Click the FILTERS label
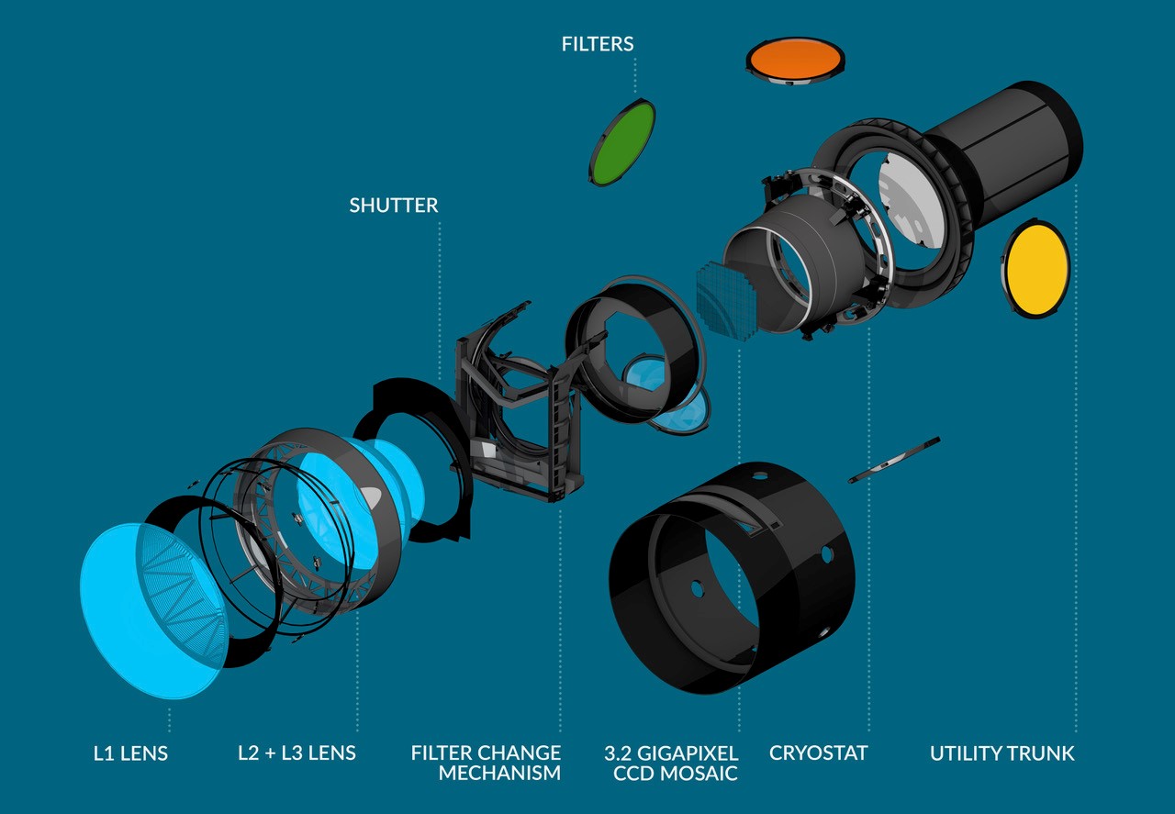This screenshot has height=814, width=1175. pyautogui.click(x=598, y=43)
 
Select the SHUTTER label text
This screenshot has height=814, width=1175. pyautogui.click(x=393, y=205)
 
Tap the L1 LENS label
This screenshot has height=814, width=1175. pyautogui.click(x=131, y=753)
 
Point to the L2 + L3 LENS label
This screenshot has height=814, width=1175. pyautogui.click(x=297, y=753)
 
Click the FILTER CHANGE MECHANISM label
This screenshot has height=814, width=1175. pyautogui.click(x=487, y=763)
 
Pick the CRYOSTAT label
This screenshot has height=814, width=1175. pyautogui.click(x=818, y=753)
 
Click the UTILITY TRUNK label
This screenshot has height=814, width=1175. pyautogui.click(x=1002, y=753)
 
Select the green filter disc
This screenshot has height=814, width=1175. pyautogui.click(x=622, y=141)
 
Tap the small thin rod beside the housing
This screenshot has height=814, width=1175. pyautogui.click(x=893, y=458)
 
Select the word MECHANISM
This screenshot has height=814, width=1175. pyautogui.click(x=499, y=773)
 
